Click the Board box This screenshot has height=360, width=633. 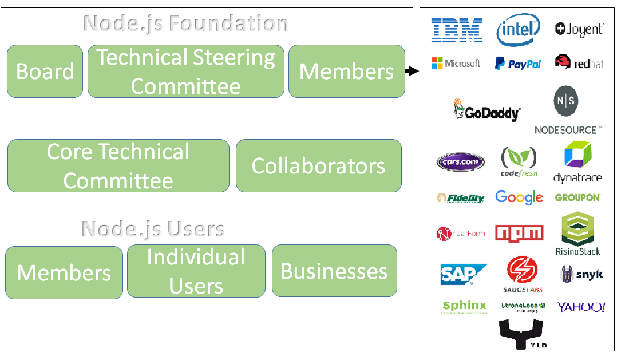(x=45, y=71)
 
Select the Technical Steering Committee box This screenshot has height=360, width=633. (x=185, y=71)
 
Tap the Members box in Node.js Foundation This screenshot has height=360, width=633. (x=346, y=71)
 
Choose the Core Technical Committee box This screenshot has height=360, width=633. (x=118, y=165)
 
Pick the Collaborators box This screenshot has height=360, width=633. (x=318, y=165)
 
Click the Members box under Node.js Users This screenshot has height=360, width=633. (x=64, y=272)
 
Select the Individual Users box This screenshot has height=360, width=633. (x=196, y=271)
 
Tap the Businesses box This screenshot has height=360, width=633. (x=334, y=271)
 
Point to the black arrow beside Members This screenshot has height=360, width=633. (x=411, y=71)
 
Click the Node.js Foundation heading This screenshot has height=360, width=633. (x=185, y=23)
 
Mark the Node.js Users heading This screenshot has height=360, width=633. (x=153, y=228)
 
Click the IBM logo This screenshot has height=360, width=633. (x=456, y=30)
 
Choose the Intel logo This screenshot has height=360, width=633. (x=518, y=30)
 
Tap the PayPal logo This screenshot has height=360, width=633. (x=518, y=64)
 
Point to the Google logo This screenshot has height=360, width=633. (x=519, y=197)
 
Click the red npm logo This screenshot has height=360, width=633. (x=519, y=233)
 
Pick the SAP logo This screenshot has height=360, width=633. (x=463, y=274)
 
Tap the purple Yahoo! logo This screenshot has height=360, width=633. (x=581, y=307)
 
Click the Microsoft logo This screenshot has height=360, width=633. (x=456, y=63)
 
